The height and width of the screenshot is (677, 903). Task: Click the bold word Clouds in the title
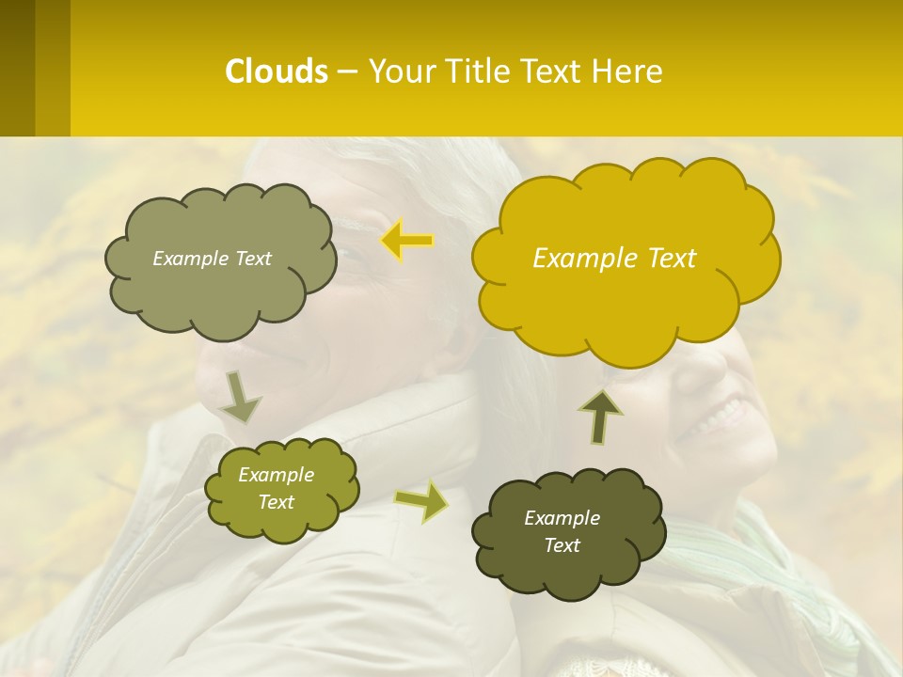coord(277,71)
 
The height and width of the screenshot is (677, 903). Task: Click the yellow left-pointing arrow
coord(406,241)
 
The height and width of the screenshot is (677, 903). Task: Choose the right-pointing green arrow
coord(421,500)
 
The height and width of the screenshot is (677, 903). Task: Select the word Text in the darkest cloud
coord(562,545)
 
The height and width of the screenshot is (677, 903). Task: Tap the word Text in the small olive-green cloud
coord(277,502)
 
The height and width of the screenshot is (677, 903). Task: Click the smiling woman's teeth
coord(720,413)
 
